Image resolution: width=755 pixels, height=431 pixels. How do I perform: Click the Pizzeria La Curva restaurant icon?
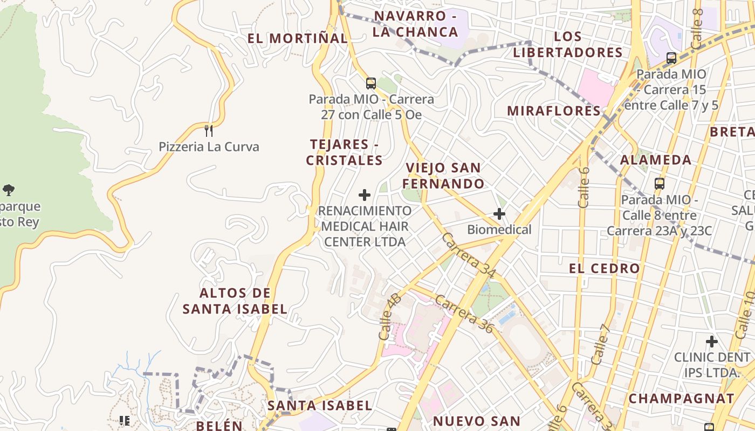[x=209, y=130]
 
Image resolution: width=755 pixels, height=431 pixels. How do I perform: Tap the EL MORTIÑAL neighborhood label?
[x=297, y=38]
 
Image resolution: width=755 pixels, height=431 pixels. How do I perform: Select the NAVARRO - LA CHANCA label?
[x=415, y=24]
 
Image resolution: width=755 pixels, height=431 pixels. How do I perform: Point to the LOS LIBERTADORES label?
[x=567, y=44]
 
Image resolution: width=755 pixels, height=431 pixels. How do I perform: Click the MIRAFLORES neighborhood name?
[x=553, y=111]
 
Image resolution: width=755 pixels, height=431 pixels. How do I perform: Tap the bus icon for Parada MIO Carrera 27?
[x=370, y=83]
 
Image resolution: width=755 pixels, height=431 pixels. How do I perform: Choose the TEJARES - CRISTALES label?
[x=344, y=152]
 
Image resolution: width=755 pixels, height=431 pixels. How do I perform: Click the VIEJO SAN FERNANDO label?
[x=443, y=176]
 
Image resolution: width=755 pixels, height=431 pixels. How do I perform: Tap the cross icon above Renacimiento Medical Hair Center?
[x=365, y=194]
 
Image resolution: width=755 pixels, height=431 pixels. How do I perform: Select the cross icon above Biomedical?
[x=499, y=214]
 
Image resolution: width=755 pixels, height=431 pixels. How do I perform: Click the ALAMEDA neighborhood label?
[x=655, y=160]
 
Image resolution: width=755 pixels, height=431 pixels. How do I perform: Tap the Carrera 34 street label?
[x=468, y=256]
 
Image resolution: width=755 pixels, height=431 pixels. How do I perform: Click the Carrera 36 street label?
[x=464, y=314]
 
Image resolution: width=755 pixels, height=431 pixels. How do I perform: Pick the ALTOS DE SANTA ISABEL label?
[x=235, y=301]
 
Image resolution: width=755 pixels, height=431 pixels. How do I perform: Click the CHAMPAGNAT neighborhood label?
[x=681, y=399]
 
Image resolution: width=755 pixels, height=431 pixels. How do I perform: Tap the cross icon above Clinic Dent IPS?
[x=712, y=341]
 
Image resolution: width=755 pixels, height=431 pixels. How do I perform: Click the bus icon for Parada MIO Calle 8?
[x=659, y=183]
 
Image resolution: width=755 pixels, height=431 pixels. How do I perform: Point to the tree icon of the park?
[x=9, y=190]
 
